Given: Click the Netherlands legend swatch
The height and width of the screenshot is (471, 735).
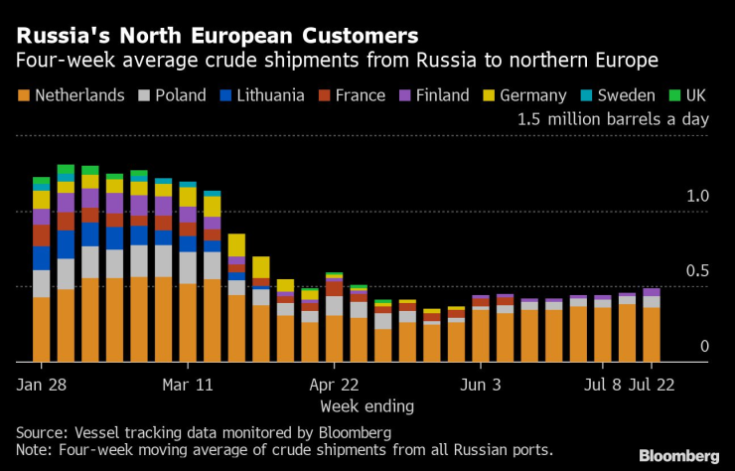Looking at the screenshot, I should coord(23,95).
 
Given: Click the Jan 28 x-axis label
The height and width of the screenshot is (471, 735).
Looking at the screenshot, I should coord(42,383).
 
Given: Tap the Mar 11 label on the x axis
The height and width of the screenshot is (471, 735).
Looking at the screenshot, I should coord(188,383).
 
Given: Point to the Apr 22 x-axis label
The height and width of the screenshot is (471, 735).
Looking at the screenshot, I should coord(335,383).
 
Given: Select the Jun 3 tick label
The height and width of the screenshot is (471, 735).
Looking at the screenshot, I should coord(481,383).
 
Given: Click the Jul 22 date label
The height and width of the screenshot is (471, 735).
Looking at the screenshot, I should coord(652,383).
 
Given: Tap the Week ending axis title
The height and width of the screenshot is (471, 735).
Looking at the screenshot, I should coord(367,405).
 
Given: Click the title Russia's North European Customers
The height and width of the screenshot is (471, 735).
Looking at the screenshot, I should coord(217,37).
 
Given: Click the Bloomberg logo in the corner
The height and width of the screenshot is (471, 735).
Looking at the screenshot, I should coord(677,455).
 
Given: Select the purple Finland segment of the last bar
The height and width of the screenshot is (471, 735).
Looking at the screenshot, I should coord(652,292).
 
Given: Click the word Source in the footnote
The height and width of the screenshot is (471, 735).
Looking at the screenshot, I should coord(43,432).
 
